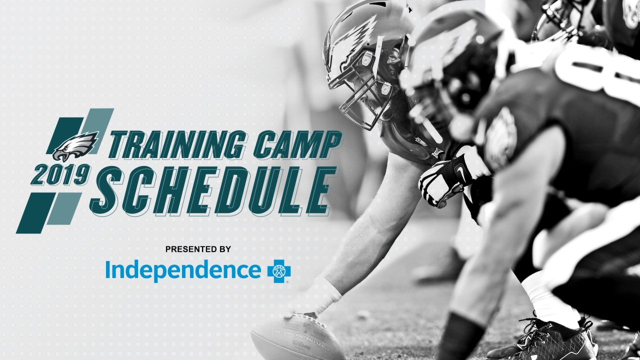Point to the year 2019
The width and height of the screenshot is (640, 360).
[x=61, y=174]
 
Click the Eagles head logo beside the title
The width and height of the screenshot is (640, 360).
[x=75, y=146]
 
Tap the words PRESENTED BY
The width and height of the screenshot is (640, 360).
[x=198, y=249]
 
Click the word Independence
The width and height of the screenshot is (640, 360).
[x=183, y=270]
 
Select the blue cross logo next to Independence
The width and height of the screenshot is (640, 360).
[x=279, y=271]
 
